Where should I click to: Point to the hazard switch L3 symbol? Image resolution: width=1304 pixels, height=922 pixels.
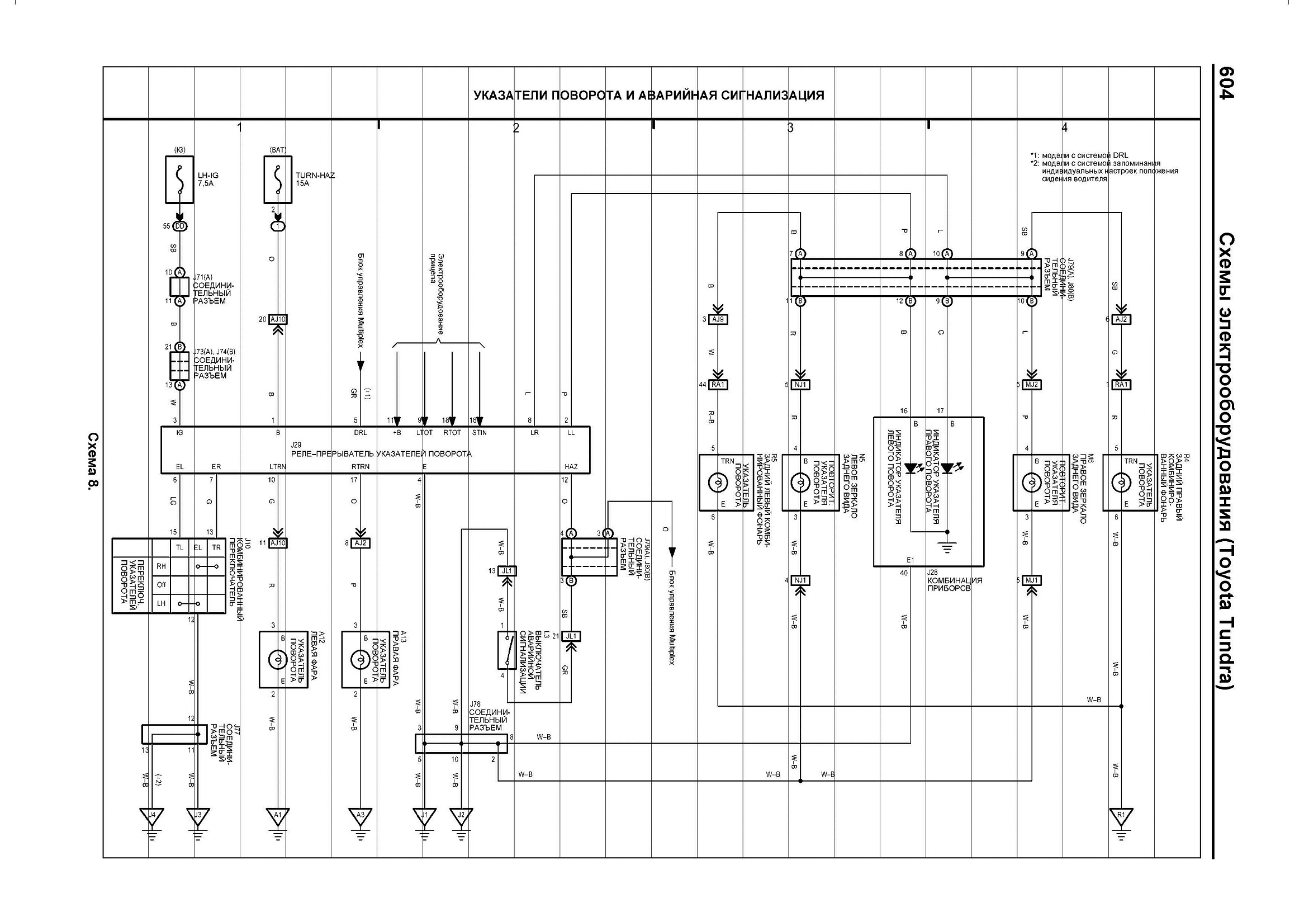507,650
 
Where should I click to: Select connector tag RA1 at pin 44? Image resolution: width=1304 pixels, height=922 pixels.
718,385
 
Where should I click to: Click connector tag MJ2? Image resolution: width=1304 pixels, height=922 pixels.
1031,385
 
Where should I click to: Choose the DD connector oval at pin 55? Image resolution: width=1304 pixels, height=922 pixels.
180,226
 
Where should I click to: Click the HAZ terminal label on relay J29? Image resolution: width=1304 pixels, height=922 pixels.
571,467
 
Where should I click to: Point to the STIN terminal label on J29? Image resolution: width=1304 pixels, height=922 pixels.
480,433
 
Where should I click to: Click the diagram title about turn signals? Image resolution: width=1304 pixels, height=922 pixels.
648,96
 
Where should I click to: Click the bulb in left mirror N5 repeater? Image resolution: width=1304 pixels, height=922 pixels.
800,483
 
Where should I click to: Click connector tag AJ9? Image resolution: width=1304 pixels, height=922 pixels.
718,319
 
